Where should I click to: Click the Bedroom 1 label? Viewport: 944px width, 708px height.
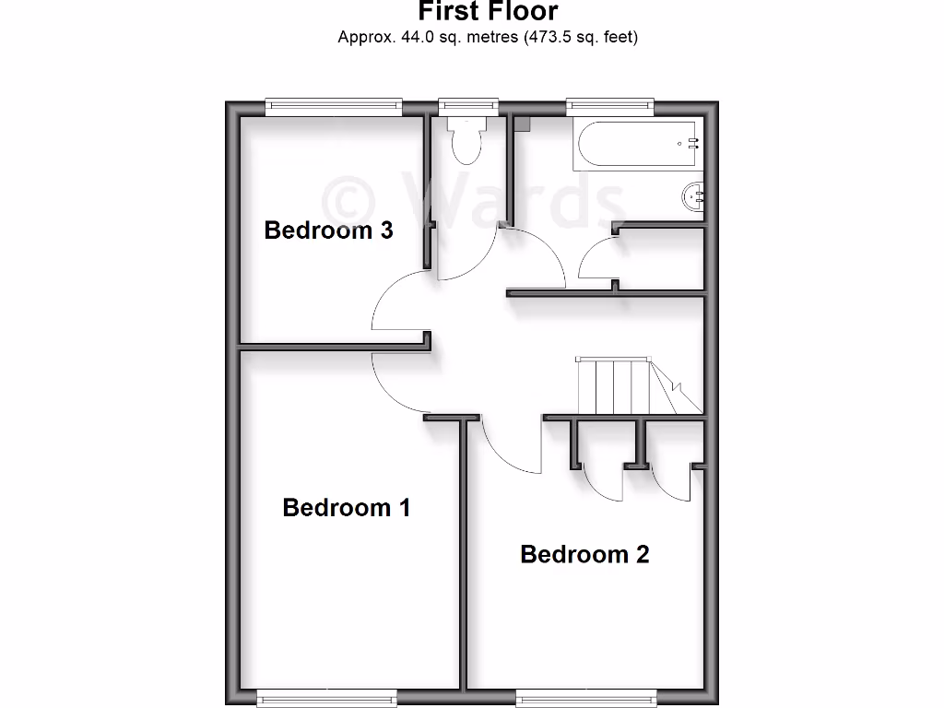click(x=346, y=507)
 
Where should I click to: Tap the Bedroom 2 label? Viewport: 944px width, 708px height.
click(x=584, y=554)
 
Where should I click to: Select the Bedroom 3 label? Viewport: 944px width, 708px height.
click(x=328, y=230)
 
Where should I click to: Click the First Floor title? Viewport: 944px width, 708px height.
click(x=488, y=12)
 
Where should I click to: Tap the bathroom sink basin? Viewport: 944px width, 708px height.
click(x=694, y=195)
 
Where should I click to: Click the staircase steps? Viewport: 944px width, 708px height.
click(x=616, y=387)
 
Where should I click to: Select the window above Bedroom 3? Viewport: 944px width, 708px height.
click(x=334, y=107)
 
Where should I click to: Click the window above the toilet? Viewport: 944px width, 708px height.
click(x=468, y=107)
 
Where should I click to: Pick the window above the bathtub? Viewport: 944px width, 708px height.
click(x=610, y=107)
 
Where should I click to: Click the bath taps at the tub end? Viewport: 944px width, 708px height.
click(x=691, y=143)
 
